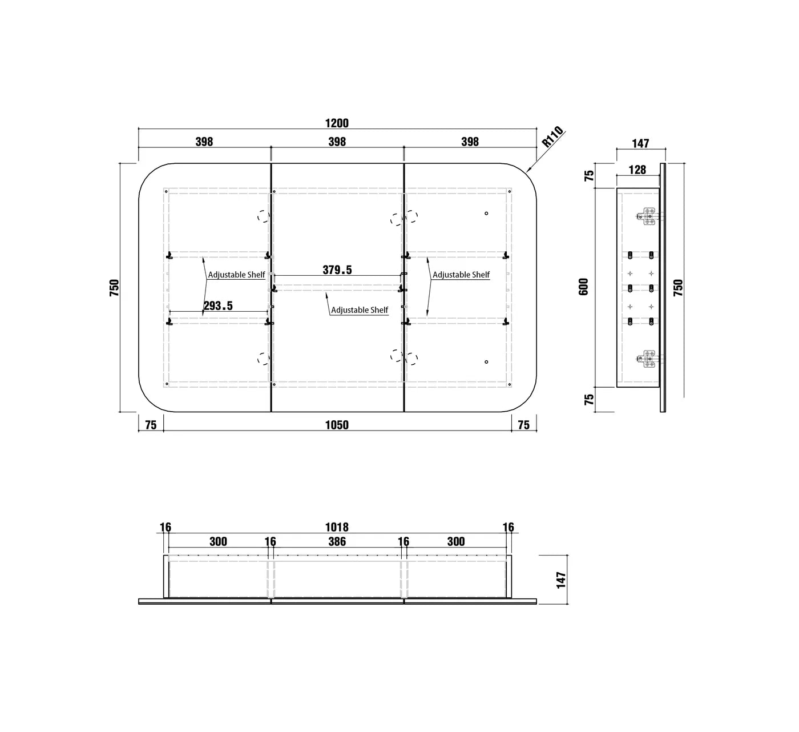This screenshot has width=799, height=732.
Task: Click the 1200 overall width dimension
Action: click(337, 123)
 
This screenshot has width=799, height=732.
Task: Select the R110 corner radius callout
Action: click(553, 136)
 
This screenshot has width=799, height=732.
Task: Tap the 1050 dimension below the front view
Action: click(337, 425)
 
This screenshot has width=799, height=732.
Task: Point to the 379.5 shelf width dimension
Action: click(337, 270)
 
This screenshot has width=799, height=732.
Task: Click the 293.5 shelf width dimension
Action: click(218, 305)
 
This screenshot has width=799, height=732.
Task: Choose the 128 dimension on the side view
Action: click(637, 170)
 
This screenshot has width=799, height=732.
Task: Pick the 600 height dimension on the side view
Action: click(583, 287)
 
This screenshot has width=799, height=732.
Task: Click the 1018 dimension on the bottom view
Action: click(337, 527)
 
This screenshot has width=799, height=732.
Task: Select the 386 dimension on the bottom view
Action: click(337, 541)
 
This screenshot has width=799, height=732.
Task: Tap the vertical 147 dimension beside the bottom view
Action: click(561, 580)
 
